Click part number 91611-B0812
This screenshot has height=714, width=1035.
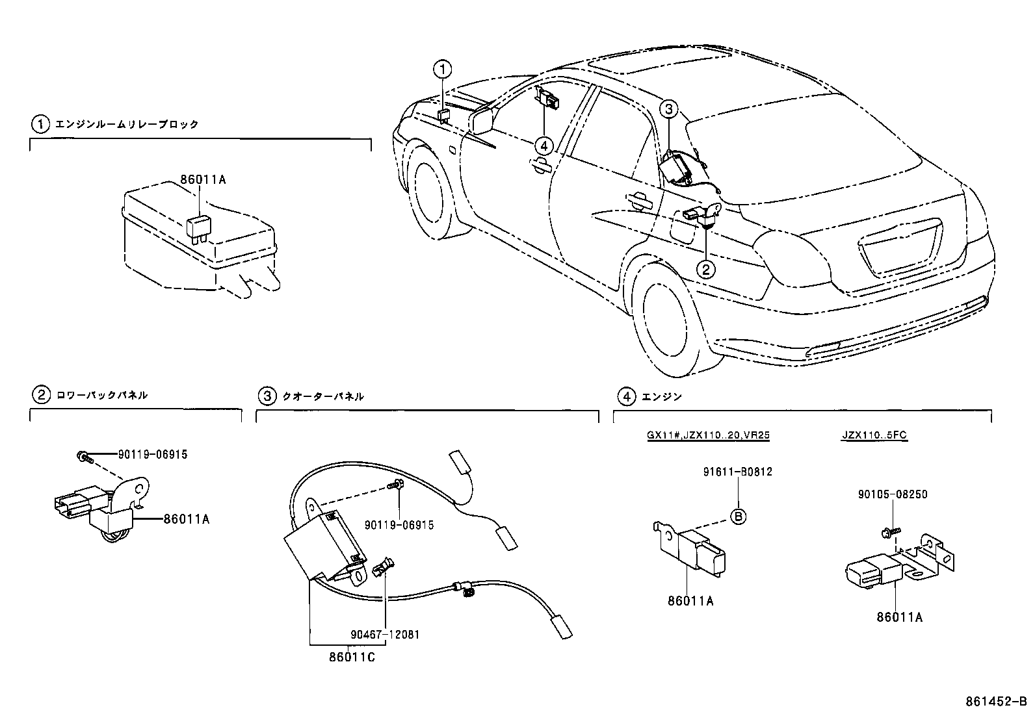737,472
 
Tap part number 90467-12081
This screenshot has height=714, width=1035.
386,635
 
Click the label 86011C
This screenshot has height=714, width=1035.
352,657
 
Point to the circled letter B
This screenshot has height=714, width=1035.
739,516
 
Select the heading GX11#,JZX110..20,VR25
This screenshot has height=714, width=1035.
708,436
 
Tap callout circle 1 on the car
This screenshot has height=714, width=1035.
442,68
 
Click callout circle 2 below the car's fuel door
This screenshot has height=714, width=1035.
706,268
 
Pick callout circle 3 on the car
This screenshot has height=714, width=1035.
670,110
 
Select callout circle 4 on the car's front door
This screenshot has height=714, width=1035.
544,146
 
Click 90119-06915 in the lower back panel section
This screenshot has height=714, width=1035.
153,455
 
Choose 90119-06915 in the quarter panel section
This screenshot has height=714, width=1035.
399,525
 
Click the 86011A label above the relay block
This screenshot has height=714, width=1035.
204,179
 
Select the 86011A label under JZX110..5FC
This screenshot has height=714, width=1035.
899,617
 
